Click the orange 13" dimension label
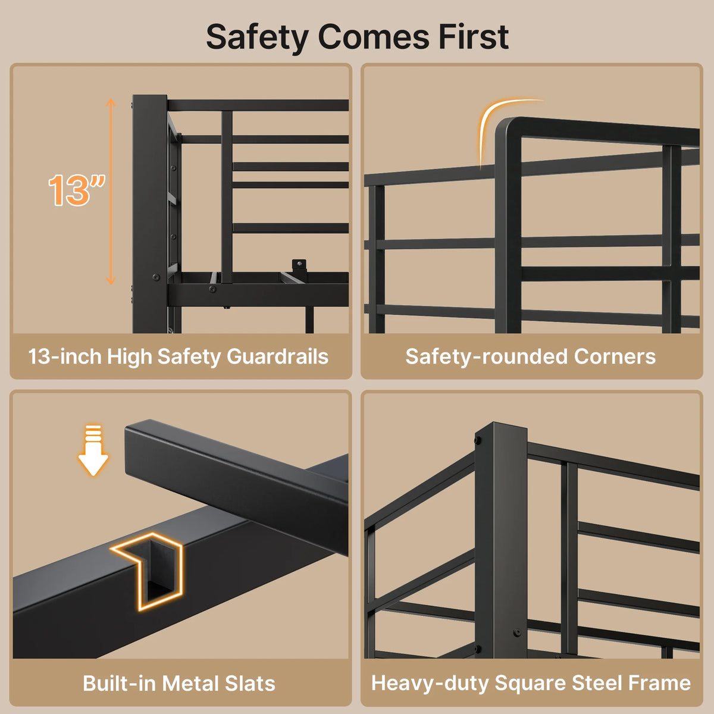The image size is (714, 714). [77, 190]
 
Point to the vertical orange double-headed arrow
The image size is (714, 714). [111, 191]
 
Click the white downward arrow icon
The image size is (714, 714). [93, 450]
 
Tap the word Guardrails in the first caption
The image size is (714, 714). [277, 356]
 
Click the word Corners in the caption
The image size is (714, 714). [615, 356]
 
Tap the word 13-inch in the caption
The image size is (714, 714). [65, 356]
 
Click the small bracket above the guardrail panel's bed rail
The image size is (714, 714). [299, 267]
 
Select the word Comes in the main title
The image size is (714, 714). [374, 37]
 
